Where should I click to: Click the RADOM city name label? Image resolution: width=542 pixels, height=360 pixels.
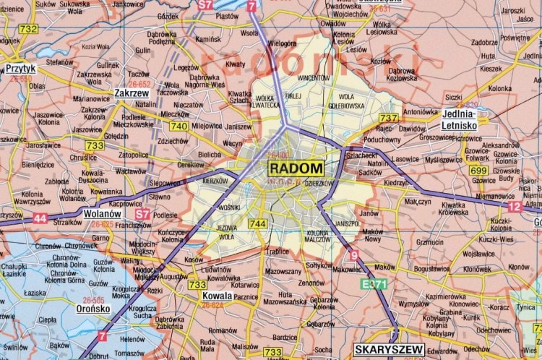[296, 168]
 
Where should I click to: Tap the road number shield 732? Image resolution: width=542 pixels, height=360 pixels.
[28, 29]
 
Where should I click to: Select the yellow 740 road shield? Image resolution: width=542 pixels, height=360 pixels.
[179, 126]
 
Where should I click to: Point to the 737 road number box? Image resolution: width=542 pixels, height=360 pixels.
[389, 118]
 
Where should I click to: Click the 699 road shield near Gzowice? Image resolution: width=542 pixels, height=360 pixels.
[478, 171]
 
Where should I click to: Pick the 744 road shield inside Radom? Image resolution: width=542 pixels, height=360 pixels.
[257, 224]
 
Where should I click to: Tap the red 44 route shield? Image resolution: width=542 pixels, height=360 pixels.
[40, 218]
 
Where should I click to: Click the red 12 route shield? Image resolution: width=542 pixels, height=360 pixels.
[515, 207]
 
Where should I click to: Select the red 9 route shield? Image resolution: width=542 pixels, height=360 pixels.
[353, 255]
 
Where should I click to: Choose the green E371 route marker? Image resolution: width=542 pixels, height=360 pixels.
[374, 284]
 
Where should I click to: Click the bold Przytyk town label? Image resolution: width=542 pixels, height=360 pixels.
[20, 69]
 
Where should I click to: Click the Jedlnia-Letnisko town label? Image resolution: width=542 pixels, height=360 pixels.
[460, 119]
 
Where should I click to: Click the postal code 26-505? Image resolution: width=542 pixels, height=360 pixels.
[93, 299]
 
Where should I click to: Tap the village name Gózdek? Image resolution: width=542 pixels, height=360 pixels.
[168, 16]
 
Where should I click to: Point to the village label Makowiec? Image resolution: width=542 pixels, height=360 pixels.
[347, 270]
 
